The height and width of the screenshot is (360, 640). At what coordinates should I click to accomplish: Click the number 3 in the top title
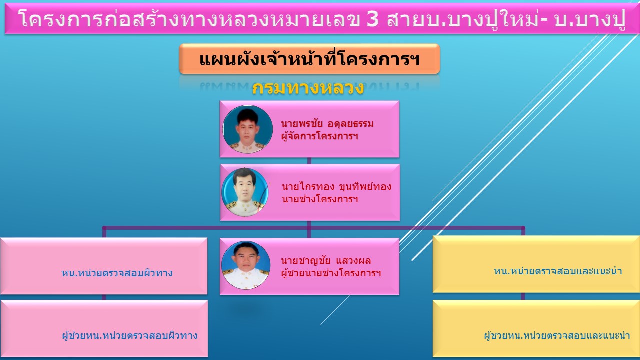coord(373,19)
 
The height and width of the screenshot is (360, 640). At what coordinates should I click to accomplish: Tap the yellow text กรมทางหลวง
coord(308,88)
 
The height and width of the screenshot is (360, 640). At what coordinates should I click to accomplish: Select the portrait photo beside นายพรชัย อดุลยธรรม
coord(247,129)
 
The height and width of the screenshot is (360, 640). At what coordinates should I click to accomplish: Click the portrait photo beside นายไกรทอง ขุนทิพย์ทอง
coord(245,192)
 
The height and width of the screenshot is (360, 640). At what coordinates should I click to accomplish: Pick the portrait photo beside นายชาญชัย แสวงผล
coord(246,265)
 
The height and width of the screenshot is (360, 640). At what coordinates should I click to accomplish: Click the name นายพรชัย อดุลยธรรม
coord(327,124)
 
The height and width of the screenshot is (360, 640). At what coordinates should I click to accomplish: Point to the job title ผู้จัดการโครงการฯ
coord(319,136)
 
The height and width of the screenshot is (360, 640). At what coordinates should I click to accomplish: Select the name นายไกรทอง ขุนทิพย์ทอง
coord(336,187)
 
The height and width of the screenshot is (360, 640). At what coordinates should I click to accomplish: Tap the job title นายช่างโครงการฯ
coord(320,199)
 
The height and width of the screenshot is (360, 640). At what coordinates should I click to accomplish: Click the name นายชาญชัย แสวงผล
coord(326,261)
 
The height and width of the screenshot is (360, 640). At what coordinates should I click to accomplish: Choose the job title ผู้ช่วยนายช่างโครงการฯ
coord(331,273)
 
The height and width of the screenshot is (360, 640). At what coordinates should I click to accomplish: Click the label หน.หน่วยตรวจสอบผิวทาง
coord(117,273)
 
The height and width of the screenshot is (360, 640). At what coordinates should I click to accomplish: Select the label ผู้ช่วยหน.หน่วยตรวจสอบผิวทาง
coord(130,335)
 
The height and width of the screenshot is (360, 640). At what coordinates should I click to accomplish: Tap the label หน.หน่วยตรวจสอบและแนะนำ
coord(558,271)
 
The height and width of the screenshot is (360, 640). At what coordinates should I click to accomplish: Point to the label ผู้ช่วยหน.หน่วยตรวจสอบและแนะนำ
coord(557,335)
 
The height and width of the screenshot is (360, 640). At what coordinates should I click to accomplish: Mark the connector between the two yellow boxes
coord(523,296)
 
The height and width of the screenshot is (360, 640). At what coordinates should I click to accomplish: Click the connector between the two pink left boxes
coord(104,297)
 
